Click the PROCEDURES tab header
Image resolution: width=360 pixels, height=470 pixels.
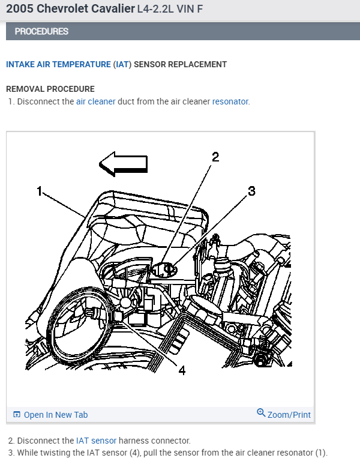click(x=41, y=31)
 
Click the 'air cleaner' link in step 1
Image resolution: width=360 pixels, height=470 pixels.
click(x=95, y=101)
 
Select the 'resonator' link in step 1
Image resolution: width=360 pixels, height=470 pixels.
click(x=230, y=101)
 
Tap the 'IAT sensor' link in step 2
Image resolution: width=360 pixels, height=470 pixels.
click(x=96, y=441)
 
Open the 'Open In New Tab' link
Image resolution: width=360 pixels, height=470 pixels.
click(x=55, y=415)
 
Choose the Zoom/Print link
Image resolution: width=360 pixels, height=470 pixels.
click(x=289, y=415)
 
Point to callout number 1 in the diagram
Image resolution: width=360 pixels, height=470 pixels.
click(x=40, y=191)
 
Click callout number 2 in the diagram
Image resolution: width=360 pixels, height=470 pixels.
click(x=215, y=157)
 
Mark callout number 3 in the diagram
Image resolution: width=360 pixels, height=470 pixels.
click(x=251, y=191)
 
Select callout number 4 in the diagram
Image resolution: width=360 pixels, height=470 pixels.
click(x=181, y=370)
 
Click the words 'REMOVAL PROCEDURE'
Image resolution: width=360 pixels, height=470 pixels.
click(x=50, y=89)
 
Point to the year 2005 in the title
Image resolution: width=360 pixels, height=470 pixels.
click(x=20, y=9)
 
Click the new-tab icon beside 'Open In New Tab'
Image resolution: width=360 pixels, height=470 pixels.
click(x=17, y=415)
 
